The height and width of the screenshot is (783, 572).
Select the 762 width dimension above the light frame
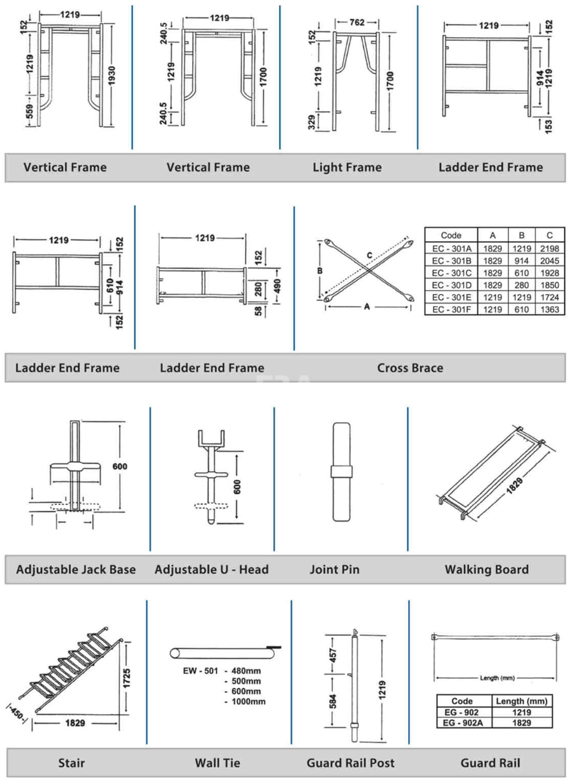[357, 22]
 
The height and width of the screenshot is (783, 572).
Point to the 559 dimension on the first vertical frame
[30, 111]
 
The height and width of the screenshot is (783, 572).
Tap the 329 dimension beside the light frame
[311, 122]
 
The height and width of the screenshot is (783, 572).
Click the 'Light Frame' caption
[347, 167]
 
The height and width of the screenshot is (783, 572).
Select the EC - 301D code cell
[451, 285]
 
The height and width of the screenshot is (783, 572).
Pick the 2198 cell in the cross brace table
[549, 248]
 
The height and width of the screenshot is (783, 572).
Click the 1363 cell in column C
[549, 310]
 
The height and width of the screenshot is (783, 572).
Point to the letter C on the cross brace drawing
[369, 255]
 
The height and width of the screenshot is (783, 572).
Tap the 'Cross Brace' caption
[410, 368]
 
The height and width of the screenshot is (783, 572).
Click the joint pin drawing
[341, 471]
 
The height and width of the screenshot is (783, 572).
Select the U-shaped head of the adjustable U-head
[211, 438]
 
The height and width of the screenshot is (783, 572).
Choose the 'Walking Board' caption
[487, 570]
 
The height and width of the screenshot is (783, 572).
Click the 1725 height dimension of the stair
[127, 678]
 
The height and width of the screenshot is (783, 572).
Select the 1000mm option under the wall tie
[248, 702]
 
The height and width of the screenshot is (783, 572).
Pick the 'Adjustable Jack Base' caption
[76, 570]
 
